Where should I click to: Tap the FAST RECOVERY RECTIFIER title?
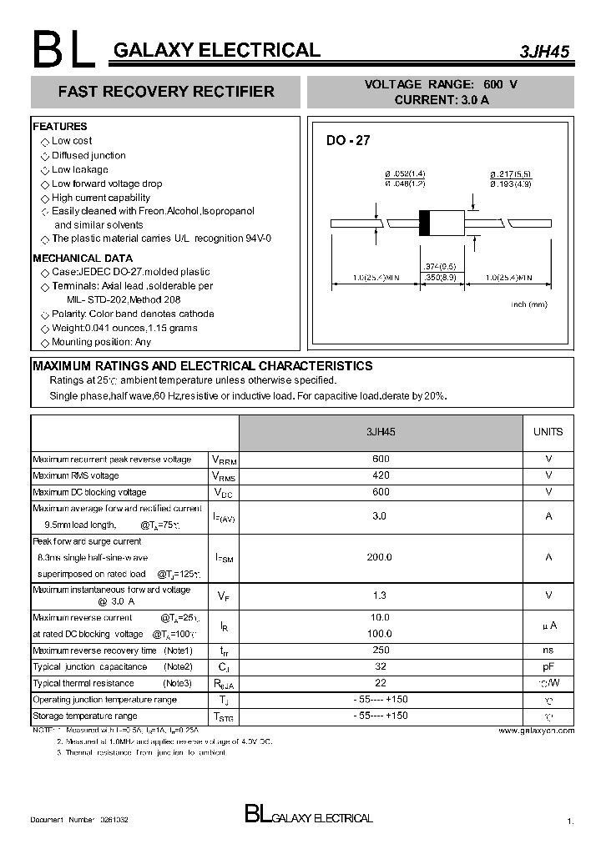coord(165,92)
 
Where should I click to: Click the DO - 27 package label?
coord(347,141)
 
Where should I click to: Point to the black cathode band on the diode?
coord(424,224)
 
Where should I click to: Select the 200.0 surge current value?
coord(380,557)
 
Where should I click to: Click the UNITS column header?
coord(548,432)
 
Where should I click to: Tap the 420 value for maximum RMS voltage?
coord(380,475)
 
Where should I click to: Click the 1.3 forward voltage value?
coord(380,595)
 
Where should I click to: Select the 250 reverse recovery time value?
coord(380,651)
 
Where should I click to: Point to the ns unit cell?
coord(548,651)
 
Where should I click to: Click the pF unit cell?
coord(548,667)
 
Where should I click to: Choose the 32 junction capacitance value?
coord(380,667)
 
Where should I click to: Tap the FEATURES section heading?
coord(60,127)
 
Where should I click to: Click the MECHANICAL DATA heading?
coord(83,259)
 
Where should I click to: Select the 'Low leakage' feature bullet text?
coord(80,169)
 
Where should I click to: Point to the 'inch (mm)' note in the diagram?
coord(528,304)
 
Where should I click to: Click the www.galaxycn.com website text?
coord(536,731)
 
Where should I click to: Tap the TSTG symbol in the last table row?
coord(224,717)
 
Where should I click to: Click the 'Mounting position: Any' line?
coord(101,342)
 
